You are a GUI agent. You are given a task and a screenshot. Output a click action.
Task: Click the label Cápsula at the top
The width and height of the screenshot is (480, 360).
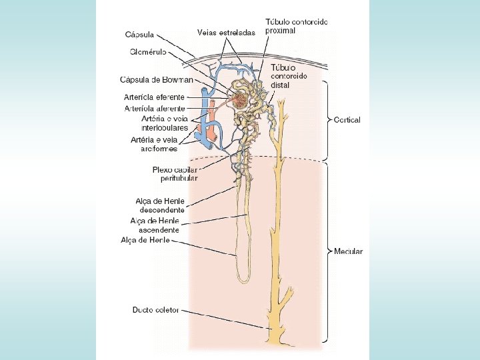[140, 34]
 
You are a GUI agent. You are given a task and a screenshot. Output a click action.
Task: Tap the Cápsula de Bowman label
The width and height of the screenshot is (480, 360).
[156, 80]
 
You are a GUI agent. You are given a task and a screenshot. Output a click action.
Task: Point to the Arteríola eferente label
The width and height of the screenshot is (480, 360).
[155, 97]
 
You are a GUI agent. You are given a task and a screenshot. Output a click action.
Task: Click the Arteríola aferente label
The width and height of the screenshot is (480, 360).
[155, 108]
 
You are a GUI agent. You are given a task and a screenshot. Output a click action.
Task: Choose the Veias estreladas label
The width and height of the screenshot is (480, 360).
[226, 31]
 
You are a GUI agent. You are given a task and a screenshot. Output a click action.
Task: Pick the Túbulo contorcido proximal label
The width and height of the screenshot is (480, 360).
[296, 26]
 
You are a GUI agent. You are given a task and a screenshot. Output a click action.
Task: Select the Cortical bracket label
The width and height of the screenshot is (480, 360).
[347, 120]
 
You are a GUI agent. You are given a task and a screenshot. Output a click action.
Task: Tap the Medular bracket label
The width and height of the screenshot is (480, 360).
[348, 251]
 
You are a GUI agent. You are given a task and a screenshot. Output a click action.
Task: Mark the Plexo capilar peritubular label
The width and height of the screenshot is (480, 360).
[175, 174]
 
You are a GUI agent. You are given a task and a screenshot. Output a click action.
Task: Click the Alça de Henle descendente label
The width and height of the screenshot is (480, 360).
[160, 205]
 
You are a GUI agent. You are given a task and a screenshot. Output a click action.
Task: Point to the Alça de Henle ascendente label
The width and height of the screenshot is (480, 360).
[155, 225]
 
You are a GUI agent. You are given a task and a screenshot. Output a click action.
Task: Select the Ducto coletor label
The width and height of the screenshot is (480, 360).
[155, 310]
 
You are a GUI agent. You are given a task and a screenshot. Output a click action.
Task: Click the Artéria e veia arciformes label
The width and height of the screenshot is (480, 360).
[155, 144]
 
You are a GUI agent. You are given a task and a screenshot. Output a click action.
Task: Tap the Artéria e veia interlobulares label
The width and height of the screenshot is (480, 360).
[155, 123]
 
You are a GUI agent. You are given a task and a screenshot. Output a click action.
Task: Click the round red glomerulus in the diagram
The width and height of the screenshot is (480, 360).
[239, 101]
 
